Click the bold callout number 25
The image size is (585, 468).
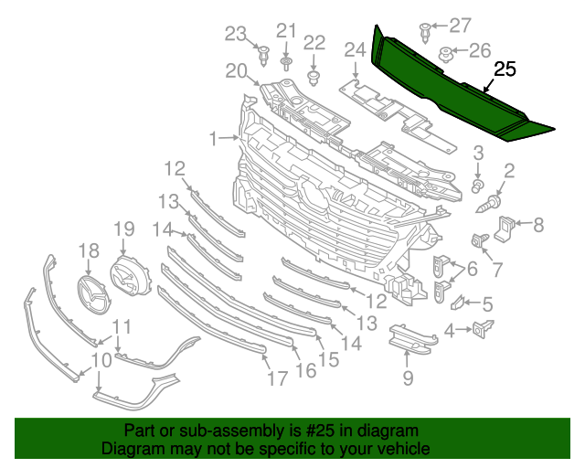[505, 69]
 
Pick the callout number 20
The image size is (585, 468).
[237, 70]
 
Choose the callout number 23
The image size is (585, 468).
[237, 35]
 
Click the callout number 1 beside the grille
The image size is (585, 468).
[214, 139]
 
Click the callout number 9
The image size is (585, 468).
[408, 378]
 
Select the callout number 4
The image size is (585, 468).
[451, 330]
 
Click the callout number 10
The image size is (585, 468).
[101, 360]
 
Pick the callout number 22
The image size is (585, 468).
[314, 42]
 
